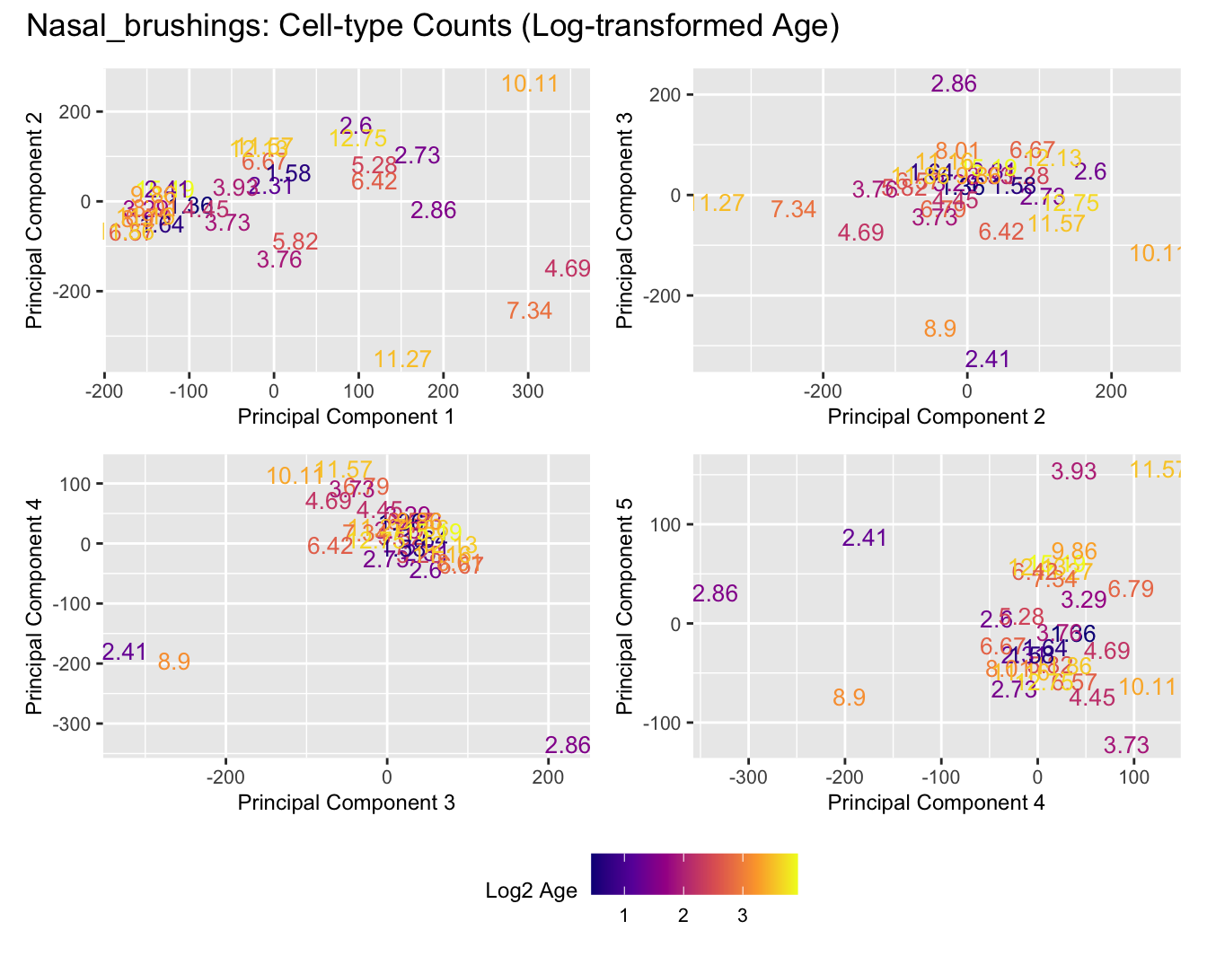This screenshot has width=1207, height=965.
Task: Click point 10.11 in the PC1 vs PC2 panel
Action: [x=530, y=84]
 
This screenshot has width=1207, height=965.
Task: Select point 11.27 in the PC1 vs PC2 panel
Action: [x=402, y=360]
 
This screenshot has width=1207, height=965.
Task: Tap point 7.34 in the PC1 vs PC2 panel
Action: [x=529, y=311]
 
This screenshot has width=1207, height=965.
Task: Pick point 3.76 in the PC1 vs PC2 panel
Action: [x=278, y=260]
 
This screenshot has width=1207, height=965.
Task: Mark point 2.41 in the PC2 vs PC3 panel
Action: [x=988, y=360]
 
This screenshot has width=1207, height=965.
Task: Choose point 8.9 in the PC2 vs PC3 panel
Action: [x=939, y=329]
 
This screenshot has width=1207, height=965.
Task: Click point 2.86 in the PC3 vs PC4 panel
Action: [x=568, y=745]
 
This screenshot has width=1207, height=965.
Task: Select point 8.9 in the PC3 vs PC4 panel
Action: [x=173, y=662]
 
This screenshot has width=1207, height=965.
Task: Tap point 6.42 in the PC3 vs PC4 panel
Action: [x=330, y=546]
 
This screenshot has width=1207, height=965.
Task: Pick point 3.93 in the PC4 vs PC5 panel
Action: [x=1074, y=471]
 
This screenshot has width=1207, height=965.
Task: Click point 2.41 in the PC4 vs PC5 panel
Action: [x=865, y=539]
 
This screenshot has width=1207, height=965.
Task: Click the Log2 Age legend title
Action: [x=531, y=891]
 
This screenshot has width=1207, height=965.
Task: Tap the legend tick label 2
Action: [x=683, y=917]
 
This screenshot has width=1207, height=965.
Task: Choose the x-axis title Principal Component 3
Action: [x=346, y=803]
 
